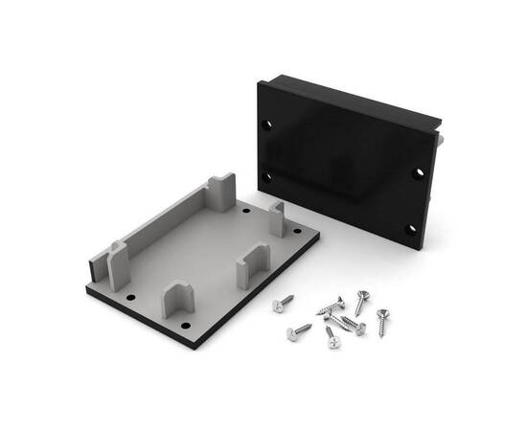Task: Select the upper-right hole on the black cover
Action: (419, 173)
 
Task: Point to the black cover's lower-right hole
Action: (409, 228)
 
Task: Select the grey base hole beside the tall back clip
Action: (246, 209)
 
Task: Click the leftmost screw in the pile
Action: (284, 305)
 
